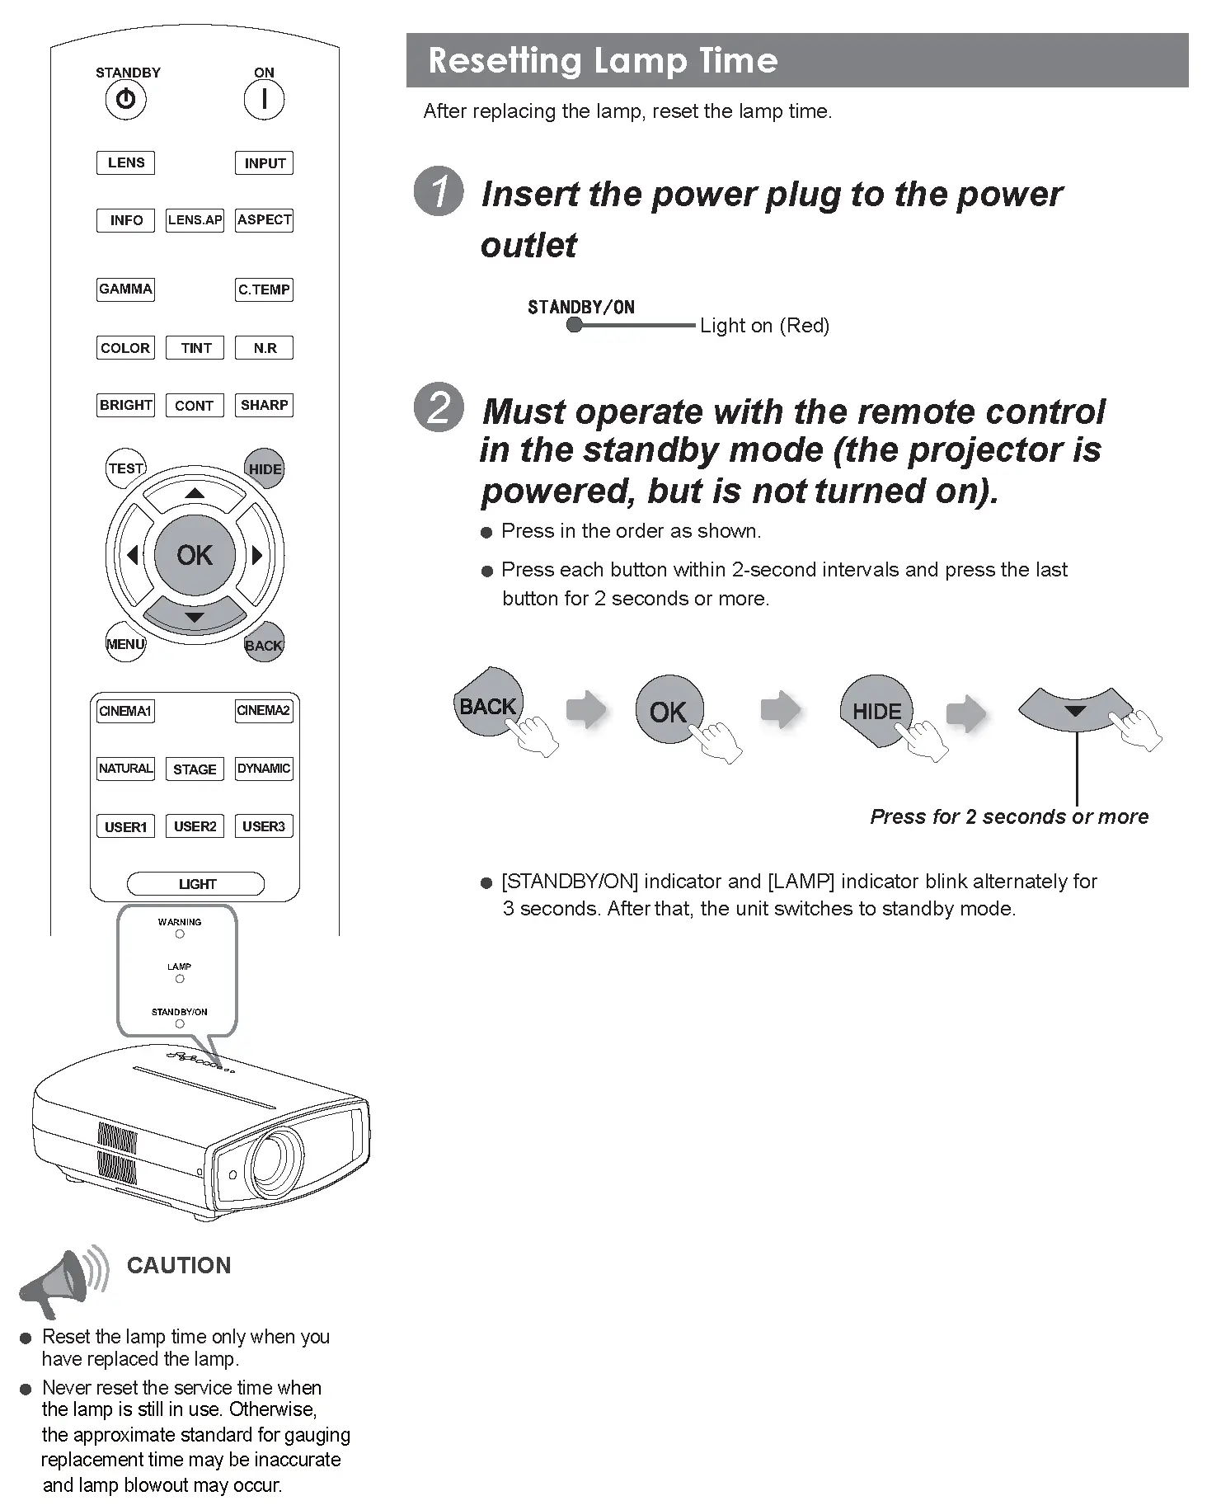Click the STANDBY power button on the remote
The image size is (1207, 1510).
(x=125, y=100)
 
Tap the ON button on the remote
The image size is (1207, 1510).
(x=264, y=100)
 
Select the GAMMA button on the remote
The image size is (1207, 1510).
(x=125, y=289)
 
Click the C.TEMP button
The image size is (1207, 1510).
(x=264, y=289)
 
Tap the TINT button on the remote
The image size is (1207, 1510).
(x=195, y=348)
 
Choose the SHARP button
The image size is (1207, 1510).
(x=264, y=405)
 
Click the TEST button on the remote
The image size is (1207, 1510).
(x=126, y=468)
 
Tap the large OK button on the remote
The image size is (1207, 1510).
(x=195, y=555)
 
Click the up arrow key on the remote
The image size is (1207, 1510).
(x=195, y=494)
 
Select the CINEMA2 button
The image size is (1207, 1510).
(x=264, y=711)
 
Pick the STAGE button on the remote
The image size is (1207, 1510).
(x=195, y=769)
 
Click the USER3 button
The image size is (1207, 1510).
(x=264, y=826)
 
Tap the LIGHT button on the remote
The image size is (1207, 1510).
(x=196, y=884)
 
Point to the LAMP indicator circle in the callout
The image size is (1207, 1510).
(x=180, y=979)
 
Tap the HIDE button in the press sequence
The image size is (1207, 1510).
(x=876, y=711)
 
